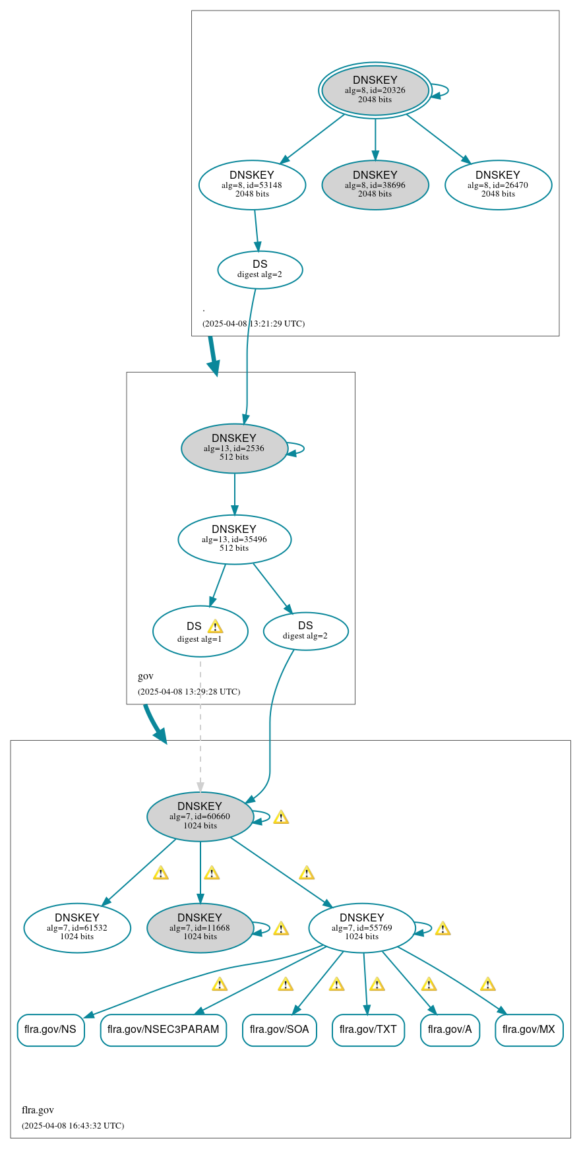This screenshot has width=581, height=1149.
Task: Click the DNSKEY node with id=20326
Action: pos(375,90)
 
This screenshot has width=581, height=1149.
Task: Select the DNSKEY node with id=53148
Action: pos(252,185)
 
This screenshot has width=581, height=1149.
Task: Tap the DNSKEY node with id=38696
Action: pos(375,185)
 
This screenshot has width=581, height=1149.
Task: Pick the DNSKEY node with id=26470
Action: pos(498,185)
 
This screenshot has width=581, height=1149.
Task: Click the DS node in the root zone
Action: pos(260,269)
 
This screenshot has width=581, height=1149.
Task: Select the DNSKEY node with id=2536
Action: pos(234,448)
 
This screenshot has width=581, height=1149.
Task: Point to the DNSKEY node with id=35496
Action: pos(234,539)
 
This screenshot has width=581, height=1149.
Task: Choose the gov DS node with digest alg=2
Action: pos(305,631)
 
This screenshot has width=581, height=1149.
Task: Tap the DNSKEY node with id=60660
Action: pos(200,816)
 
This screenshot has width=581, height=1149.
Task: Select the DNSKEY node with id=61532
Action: pos(77,927)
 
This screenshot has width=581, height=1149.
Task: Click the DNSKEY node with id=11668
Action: pos(200,927)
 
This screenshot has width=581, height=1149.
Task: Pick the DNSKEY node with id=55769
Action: pos(361,927)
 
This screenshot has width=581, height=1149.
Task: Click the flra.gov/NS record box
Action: pos(51,1030)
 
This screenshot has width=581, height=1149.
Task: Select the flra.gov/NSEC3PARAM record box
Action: pos(164,1030)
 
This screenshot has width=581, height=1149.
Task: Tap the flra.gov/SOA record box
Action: pos(280,1030)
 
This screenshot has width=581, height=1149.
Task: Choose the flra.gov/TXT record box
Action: pos(368,1030)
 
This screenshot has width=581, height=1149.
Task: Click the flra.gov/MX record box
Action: pos(529,1030)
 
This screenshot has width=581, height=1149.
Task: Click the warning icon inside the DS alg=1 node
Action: pos(215,627)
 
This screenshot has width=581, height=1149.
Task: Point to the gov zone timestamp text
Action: pos(189,692)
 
